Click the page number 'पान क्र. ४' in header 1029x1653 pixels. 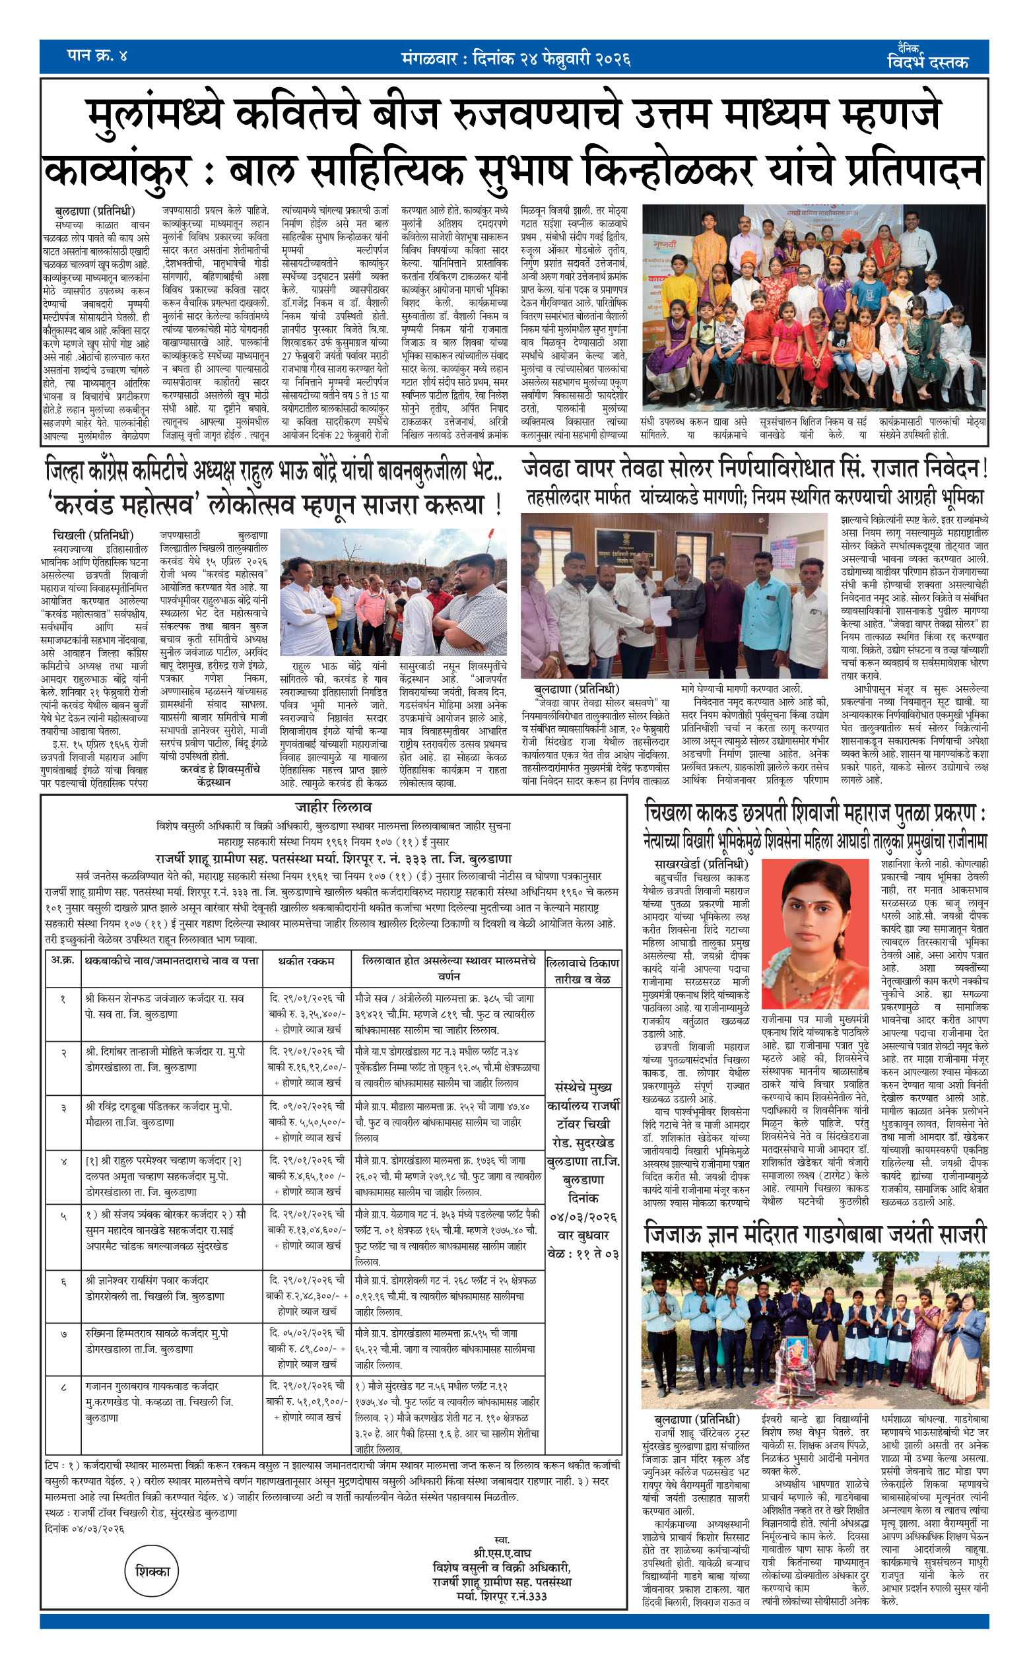pos(96,55)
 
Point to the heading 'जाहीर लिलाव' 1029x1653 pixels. pos(333,807)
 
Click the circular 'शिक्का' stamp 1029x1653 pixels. pos(152,1571)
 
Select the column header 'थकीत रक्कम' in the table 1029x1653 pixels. pos(306,961)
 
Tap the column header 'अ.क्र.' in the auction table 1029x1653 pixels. pos(63,961)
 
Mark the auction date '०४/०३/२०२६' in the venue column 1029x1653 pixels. pos(583,1217)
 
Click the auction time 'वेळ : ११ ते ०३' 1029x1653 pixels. pos(583,1254)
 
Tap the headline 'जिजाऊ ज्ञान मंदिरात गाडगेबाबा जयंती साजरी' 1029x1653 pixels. pos(814,1234)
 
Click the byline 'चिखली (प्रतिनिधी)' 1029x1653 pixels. pos(92,535)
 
